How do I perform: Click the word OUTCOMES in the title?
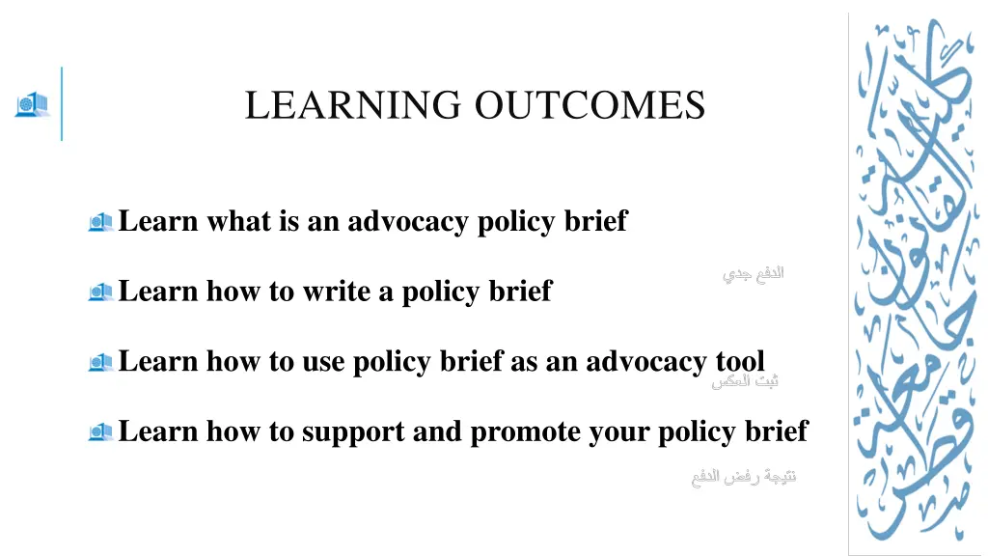point(590,105)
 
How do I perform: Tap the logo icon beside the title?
point(31,104)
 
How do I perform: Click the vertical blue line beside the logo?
point(62,103)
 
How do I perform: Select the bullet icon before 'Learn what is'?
point(100,222)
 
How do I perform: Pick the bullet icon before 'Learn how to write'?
point(100,292)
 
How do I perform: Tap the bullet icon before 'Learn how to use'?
point(100,362)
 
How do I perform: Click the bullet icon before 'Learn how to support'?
point(100,431)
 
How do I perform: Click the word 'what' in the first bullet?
point(239,222)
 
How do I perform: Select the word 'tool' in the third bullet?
point(739,361)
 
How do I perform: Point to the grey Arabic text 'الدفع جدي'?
point(754,273)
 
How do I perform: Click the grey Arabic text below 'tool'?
point(746,381)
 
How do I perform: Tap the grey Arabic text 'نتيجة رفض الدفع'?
point(744,477)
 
